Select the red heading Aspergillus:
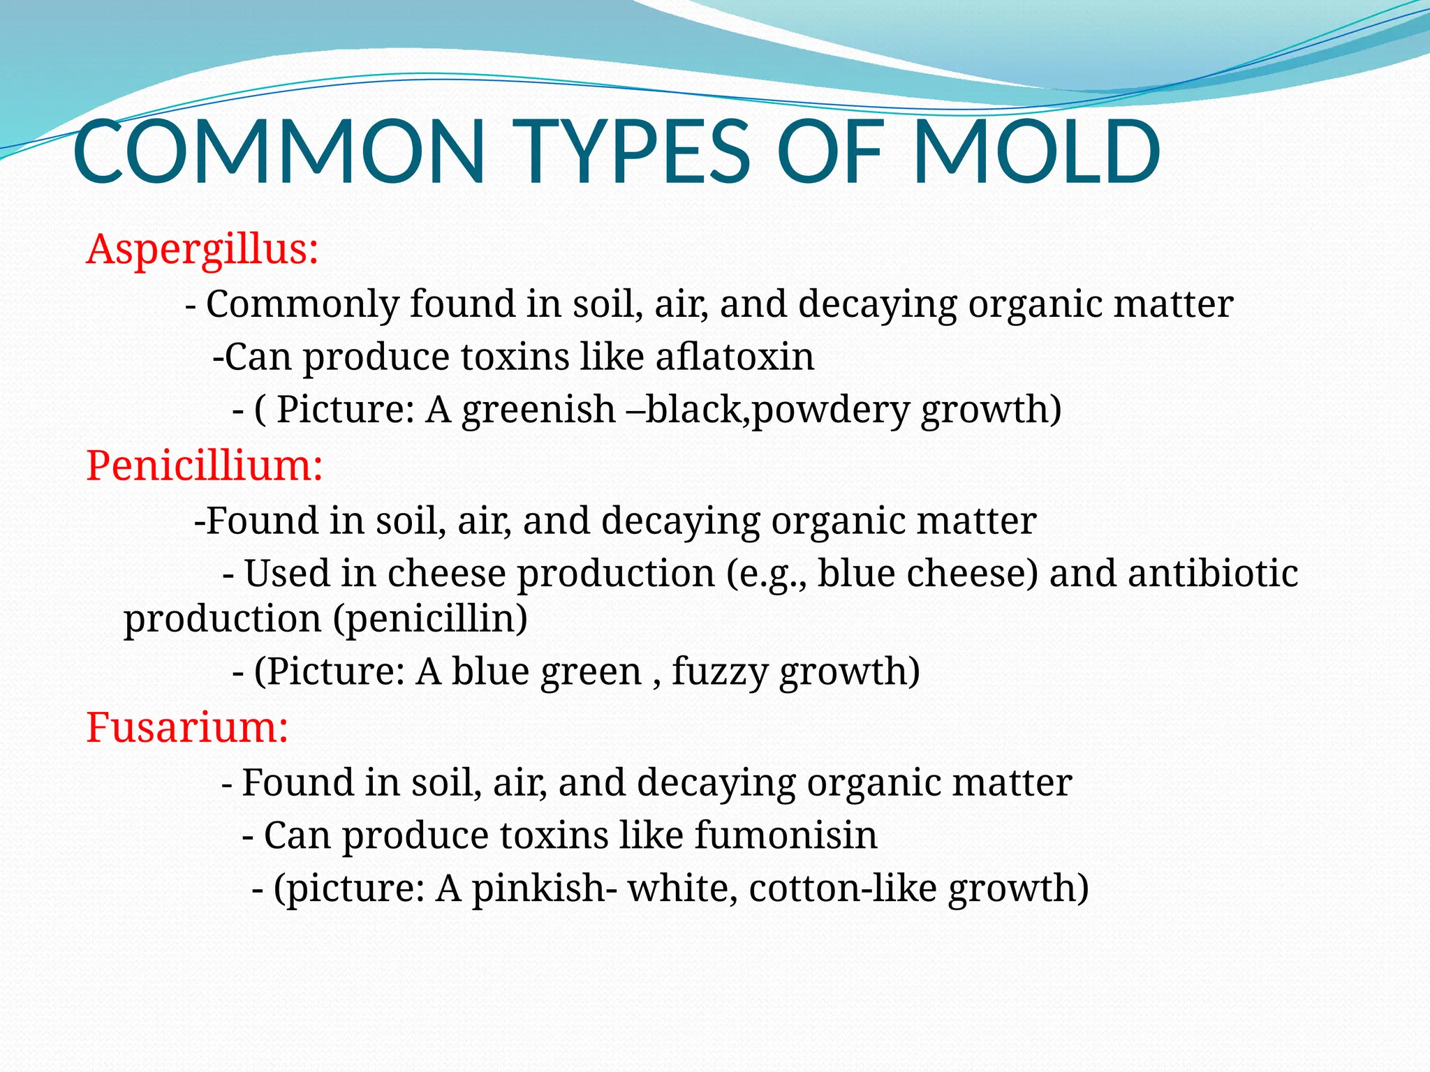click(x=202, y=249)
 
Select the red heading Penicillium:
click(x=205, y=466)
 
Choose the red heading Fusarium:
click(x=187, y=727)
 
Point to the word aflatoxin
click(x=735, y=357)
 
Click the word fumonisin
click(x=786, y=835)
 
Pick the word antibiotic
click(x=1213, y=574)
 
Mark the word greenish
click(x=538, y=409)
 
